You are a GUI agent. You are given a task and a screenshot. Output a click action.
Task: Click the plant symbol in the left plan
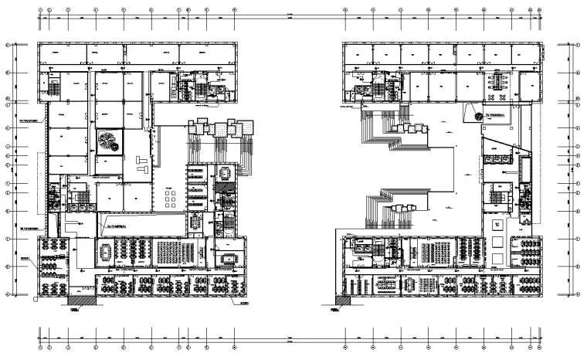tap(109, 142)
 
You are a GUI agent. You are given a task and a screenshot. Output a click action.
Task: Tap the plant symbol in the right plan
tap(480, 115)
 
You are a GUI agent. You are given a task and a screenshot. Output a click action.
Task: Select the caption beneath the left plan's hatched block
tap(75, 310)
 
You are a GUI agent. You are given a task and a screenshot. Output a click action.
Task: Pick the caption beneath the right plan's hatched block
tap(334, 310)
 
